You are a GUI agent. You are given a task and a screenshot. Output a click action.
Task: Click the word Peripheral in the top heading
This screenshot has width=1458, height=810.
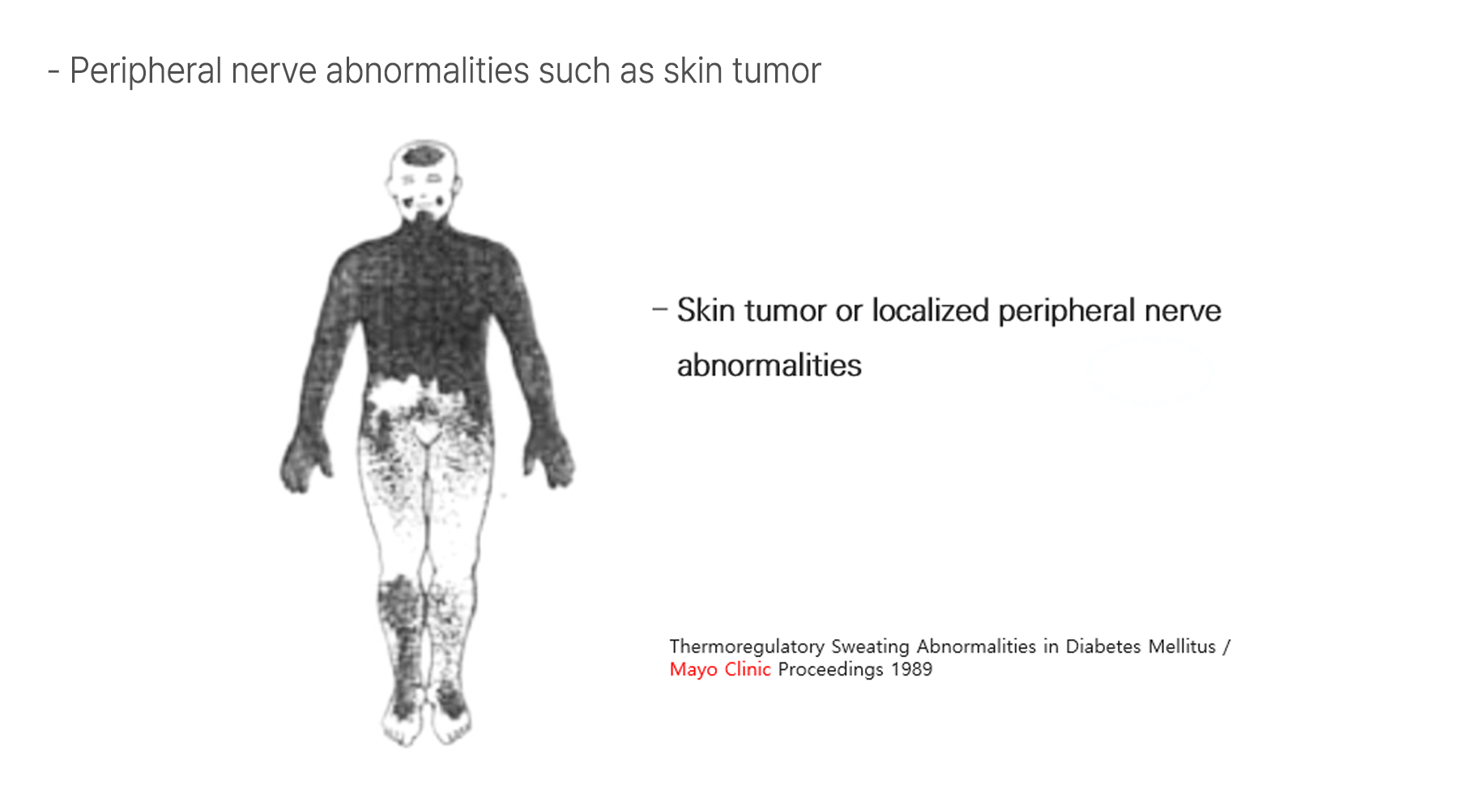point(146,71)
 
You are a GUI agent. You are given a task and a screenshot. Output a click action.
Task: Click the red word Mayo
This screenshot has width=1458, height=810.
point(693,670)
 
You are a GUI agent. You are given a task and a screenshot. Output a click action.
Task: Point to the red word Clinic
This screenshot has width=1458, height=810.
point(747,669)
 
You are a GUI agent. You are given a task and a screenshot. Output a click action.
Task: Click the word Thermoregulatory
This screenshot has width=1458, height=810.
point(747,646)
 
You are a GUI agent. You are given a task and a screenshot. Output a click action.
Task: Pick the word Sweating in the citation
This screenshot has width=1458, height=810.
point(870,646)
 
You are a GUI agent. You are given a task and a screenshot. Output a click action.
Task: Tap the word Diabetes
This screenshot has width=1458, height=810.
point(1102,646)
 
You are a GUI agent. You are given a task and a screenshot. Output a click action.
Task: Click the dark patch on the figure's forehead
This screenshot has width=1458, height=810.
point(424,156)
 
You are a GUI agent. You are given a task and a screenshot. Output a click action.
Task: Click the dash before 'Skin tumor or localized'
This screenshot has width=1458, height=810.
point(659,309)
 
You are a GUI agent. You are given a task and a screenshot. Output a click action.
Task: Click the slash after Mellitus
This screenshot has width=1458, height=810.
point(1226,646)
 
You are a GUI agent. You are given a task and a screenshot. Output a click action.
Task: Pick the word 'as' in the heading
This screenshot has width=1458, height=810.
point(637,73)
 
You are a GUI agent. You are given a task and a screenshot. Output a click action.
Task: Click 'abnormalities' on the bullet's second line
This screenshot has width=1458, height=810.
point(769,365)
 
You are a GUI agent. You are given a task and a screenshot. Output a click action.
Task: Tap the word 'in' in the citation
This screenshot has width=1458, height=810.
point(1051,646)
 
